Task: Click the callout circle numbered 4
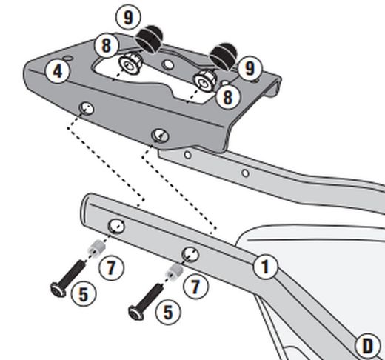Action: click(58, 71)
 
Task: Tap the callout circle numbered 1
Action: click(266, 267)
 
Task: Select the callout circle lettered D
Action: click(368, 346)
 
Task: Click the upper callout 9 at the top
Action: click(128, 18)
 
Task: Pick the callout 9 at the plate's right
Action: click(250, 68)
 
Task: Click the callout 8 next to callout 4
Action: click(107, 45)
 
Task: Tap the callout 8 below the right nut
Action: click(227, 96)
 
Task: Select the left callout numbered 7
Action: click(111, 268)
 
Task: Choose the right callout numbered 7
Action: click(195, 287)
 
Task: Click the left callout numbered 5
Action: click(84, 294)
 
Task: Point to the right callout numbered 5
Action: click(168, 313)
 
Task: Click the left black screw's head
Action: click(58, 290)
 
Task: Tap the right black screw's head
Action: click(136, 313)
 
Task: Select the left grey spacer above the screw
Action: click(96, 248)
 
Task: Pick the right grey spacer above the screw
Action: click(175, 272)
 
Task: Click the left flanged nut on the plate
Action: click(130, 64)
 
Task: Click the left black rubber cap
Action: click(149, 39)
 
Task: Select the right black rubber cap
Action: click(223, 56)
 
